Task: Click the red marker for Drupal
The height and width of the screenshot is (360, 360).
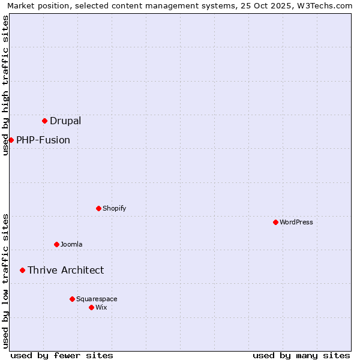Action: (x=45, y=121)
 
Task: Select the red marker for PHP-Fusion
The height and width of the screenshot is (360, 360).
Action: (x=11, y=140)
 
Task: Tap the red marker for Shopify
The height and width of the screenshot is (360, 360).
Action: (x=99, y=209)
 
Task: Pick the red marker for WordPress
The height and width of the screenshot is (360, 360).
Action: (x=276, y=223)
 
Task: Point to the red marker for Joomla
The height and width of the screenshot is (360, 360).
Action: (x=57, y=245)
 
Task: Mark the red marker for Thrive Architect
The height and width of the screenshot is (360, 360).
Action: (x=23, y=271)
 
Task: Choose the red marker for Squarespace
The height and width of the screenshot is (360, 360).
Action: (x=73, y=299)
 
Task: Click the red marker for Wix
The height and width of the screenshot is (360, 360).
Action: (x=92, y=308)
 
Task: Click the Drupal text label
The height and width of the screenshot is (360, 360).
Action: (x=65, y=121)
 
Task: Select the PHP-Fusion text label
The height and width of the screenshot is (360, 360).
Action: (x=43, y=140)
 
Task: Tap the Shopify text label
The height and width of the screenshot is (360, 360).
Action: (x=115, y=209)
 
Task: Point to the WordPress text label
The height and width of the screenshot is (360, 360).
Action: (x=296, y=223)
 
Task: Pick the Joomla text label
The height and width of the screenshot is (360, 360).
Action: (x=71, y=245)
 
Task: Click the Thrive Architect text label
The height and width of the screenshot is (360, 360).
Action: (x=66, y=271)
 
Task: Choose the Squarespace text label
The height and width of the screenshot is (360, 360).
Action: (x=97, y=299)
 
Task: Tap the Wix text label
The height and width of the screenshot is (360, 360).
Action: (x=101, y=308)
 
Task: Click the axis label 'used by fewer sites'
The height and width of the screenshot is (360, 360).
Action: (x=62, y=355)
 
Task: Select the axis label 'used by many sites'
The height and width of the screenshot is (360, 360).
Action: (x=301, y=355)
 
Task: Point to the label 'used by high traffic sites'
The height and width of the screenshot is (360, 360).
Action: (x=5, y=85)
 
